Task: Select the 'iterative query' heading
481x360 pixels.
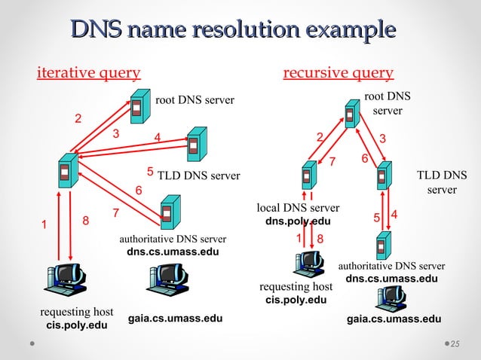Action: [89, 73]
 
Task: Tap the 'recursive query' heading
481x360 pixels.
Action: [338, 73]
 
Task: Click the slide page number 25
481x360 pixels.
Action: [455, 344]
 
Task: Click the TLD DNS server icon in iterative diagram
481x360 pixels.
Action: [196, 144]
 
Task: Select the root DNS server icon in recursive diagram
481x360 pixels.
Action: [351, 114]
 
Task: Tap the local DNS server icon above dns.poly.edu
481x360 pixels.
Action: [307, 176]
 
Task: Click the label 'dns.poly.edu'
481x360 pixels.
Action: [298, 222]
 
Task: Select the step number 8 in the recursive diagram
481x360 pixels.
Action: [320, 239]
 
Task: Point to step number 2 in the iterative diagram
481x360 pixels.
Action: [77, 118]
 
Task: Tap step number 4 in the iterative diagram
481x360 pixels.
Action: [157, 136]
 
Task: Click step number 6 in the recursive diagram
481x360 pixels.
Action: [364, 159]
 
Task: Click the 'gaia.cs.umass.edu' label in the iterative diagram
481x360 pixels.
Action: [175, 319]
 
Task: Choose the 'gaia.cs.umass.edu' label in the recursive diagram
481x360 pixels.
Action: [394, 319]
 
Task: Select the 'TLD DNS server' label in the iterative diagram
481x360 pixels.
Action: [198, 176]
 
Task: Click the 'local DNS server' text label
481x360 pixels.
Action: [298, 208]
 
